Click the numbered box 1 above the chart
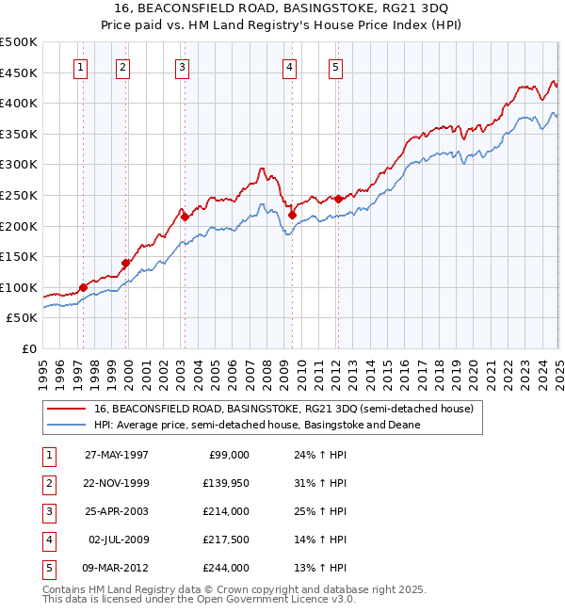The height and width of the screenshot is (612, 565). tap(82, 67)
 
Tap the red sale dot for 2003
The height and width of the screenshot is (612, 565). tap(186, 217)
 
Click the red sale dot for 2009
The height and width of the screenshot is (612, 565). tap(292, 215)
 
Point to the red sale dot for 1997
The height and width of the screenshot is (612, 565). tap(84, 287)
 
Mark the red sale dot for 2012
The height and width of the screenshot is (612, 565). tap(338, 199)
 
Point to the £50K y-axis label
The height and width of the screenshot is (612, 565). tap(23, 318)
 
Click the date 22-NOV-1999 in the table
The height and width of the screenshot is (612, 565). tap(117, 483)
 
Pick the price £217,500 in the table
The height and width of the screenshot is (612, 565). tap(226, 540)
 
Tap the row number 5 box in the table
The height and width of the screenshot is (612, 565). tap(47, 568)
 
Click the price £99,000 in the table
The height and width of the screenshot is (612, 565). tap(229, 455)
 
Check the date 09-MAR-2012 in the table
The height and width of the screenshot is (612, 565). tap(117, 568)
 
